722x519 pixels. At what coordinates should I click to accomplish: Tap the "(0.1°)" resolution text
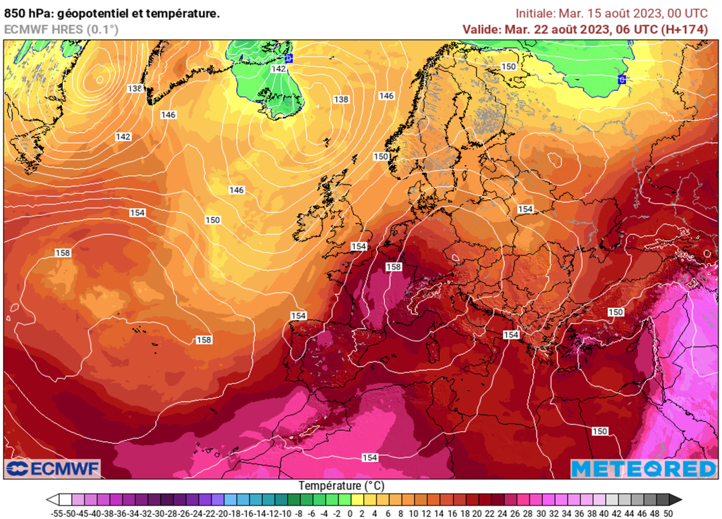click(x=102, y=29)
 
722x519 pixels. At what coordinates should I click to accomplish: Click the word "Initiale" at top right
click(x=535, y=13)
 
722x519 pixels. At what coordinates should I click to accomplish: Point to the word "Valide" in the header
click(x=481, y=29)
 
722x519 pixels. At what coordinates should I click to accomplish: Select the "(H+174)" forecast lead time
click(x=685, y=29)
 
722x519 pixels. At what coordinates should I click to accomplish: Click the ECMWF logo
click(x=53, y=468)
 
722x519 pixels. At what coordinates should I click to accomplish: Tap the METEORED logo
click(x=643, y=468)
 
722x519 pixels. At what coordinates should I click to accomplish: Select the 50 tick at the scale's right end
click(x=668, y=513)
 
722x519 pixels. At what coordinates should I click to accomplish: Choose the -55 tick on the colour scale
click(x=59, y=513)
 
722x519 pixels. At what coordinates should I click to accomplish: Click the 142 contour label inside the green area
click(x=279, y=68)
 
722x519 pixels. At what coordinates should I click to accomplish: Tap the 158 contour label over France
click(x=393, y=267)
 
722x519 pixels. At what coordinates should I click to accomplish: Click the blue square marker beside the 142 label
click(x=288, y=59)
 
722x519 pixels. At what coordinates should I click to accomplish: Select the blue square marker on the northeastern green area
click(x=622, y=79)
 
